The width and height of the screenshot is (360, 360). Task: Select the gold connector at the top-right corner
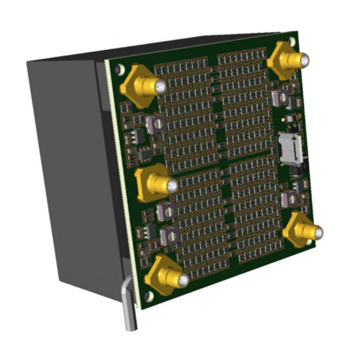(288, 59)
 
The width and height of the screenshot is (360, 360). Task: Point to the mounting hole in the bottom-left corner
(149, 296)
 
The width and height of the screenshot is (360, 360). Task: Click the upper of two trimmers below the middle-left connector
(166, 210)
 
